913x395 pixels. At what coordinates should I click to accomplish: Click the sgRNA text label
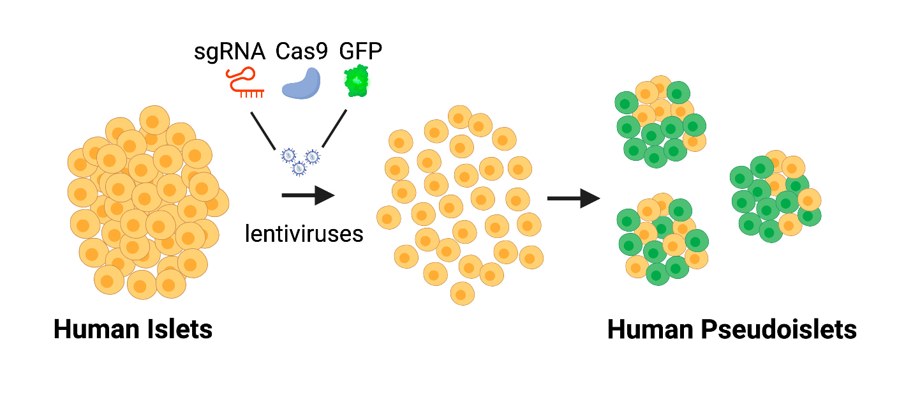point(229,52)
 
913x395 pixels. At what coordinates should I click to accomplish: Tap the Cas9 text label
point(302,52)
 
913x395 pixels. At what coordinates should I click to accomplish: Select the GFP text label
point(360,52)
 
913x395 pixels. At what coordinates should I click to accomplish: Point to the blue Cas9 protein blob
point(302,84)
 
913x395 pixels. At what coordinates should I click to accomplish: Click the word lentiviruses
point(304,234)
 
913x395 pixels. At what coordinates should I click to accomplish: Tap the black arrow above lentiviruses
point(308,195)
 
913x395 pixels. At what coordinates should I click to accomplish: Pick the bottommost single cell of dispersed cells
point(462,293)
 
